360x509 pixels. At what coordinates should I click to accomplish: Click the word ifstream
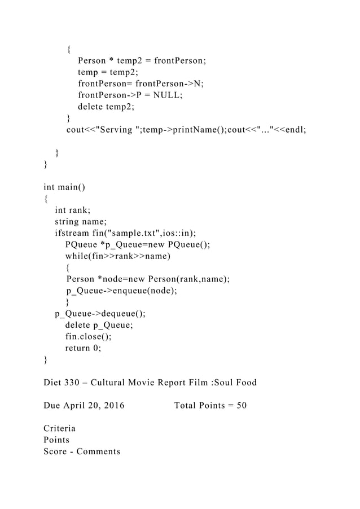72,234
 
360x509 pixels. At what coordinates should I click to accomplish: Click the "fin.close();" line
88,337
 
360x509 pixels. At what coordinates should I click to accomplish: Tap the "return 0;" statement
84,348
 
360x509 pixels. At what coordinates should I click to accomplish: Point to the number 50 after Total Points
240,406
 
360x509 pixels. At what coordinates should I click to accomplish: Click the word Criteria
59,429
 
